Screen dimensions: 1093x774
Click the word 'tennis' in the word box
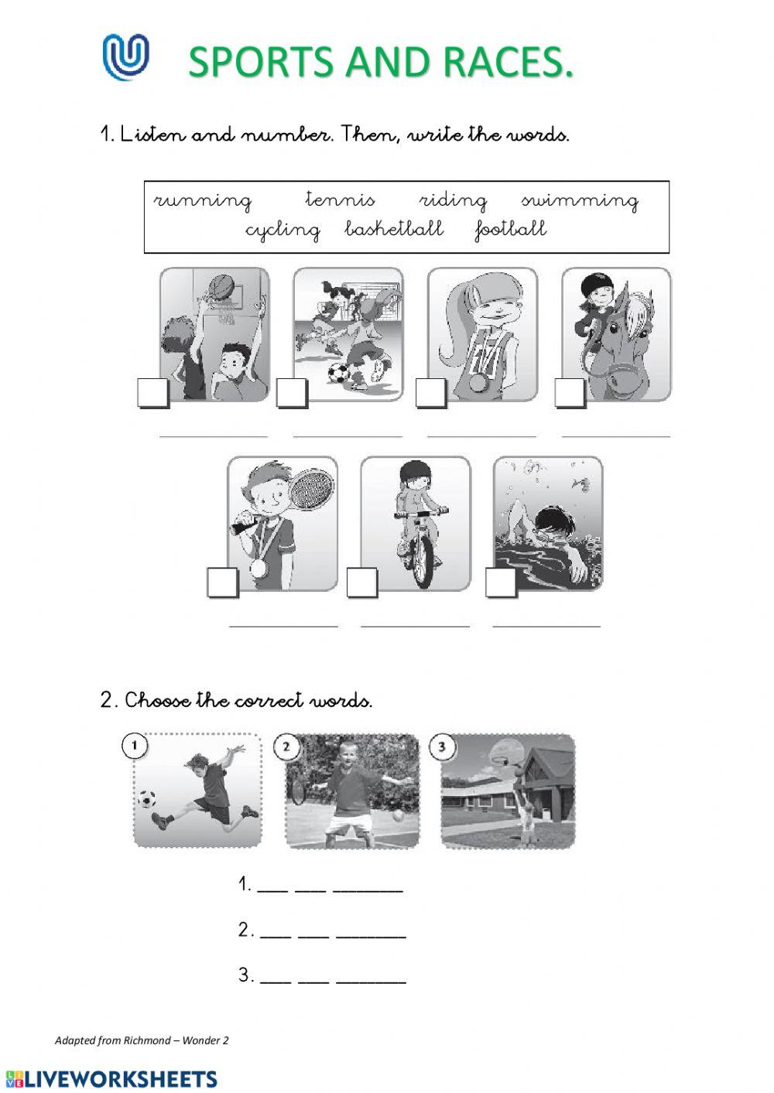(340, 200)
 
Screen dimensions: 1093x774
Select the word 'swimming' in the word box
(580, 201)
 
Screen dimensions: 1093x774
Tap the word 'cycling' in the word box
(283, 230)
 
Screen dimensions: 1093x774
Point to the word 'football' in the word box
(511, 229)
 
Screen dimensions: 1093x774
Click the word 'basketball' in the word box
(394, 229)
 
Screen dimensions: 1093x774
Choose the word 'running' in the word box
(203, 201)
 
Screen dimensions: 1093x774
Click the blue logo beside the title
(125, 57)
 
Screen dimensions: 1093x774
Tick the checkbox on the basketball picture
(152, 393)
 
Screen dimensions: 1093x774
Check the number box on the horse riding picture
(570, 393)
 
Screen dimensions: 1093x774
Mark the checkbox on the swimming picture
(500, 582)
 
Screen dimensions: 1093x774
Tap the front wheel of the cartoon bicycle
(420, 561)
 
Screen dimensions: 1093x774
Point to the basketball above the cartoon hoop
(220, 286)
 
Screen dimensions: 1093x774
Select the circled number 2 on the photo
(286, 746)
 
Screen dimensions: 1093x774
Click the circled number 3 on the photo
(442, 746)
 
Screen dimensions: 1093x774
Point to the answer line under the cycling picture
(415, 625)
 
